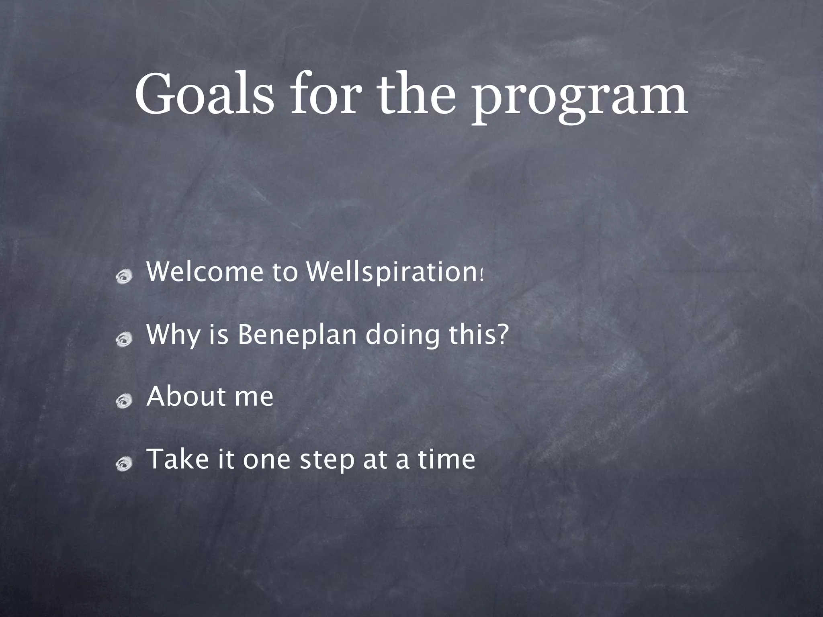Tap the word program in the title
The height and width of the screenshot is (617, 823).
(x=579, y=98)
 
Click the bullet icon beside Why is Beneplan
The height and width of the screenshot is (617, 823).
(x=124, y=339)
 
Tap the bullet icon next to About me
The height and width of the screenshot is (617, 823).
(x=124, y=401)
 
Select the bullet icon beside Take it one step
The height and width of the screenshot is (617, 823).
(x=124, y=464)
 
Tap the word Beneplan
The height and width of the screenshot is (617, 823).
(x=297, y=335)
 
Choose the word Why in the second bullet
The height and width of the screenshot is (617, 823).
(x=173, y=335)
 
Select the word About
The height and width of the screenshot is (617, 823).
(x=185, y=396)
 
